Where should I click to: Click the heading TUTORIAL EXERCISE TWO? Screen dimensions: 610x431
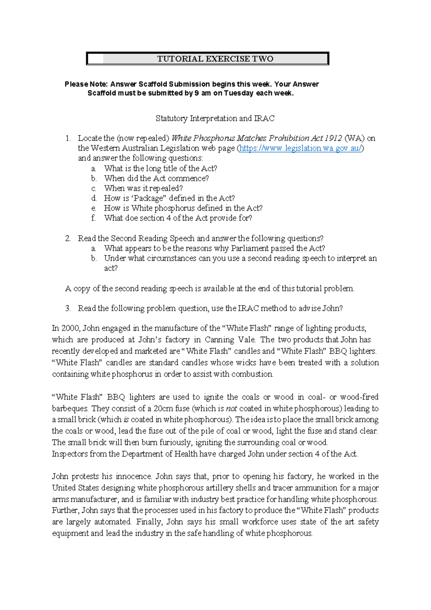[215, 59]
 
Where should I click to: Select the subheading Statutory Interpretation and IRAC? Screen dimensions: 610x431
[215, 118]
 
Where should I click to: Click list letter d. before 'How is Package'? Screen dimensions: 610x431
[94, 198]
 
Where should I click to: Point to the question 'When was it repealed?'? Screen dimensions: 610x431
[143, 188]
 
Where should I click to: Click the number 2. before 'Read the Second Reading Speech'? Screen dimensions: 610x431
[68, 238]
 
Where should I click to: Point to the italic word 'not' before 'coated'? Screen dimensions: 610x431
[231, 409]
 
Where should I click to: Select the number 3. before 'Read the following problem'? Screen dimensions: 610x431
[68, 308]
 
